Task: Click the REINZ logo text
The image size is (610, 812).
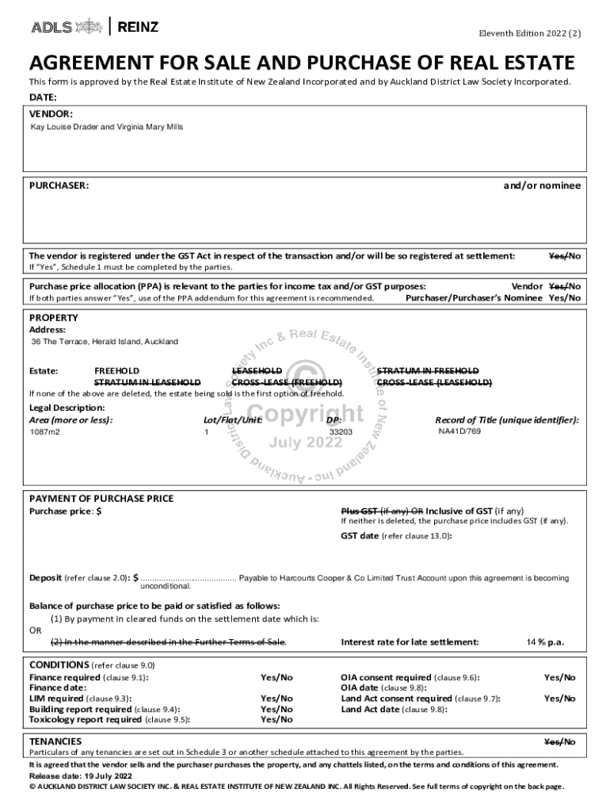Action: point(138,28)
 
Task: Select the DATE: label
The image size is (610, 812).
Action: point(43,98)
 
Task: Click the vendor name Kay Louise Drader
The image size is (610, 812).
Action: point(64,126)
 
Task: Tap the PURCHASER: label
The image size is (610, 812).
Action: point(59,186)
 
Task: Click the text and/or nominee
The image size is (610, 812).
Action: point(542,186)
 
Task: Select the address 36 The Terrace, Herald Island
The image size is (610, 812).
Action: point(105,342)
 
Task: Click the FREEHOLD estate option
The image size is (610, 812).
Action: point(116,370)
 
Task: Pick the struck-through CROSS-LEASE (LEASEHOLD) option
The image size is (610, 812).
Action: point(434,382)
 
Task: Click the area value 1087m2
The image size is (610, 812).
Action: point(45,432)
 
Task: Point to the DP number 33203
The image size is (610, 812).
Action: point(341,432)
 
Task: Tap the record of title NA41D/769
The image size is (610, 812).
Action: point(459,431)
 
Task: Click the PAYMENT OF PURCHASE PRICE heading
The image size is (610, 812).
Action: point(101,499)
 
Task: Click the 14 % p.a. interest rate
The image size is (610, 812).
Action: point(545,642)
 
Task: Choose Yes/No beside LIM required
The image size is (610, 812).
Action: point(276,699)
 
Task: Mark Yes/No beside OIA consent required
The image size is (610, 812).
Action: point(559,678)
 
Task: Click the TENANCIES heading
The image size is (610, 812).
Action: point(55,741)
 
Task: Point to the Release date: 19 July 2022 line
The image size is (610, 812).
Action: point(80,776)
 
